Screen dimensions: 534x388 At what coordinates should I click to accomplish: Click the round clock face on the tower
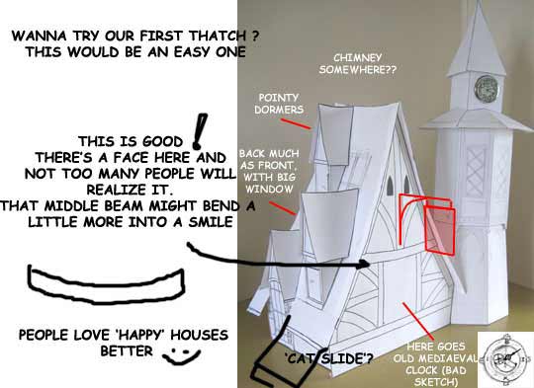pos(488,88)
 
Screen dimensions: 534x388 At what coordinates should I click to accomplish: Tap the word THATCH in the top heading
pos(218,36)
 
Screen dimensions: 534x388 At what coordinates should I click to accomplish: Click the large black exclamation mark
pos(199,131)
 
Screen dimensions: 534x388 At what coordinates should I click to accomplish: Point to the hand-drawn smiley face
pos(181,355)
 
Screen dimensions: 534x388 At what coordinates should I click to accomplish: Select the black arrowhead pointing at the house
pos(365,264)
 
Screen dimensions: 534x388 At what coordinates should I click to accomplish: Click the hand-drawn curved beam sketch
pos(106,285)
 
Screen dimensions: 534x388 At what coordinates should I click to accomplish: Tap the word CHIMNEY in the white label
pos(358,58)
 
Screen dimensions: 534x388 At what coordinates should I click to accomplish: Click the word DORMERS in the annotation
pos(279,110)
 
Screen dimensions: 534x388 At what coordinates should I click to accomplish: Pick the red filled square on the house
pos(440,230)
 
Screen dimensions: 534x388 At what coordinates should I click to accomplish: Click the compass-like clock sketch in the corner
pos(505,358)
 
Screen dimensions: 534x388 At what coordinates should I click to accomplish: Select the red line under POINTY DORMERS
pos(296,123)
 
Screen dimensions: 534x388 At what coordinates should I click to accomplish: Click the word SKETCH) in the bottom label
pos(435,382)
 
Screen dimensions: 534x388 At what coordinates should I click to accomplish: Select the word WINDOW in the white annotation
pos(269,190)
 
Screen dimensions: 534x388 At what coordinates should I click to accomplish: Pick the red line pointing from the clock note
pos(418,321)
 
